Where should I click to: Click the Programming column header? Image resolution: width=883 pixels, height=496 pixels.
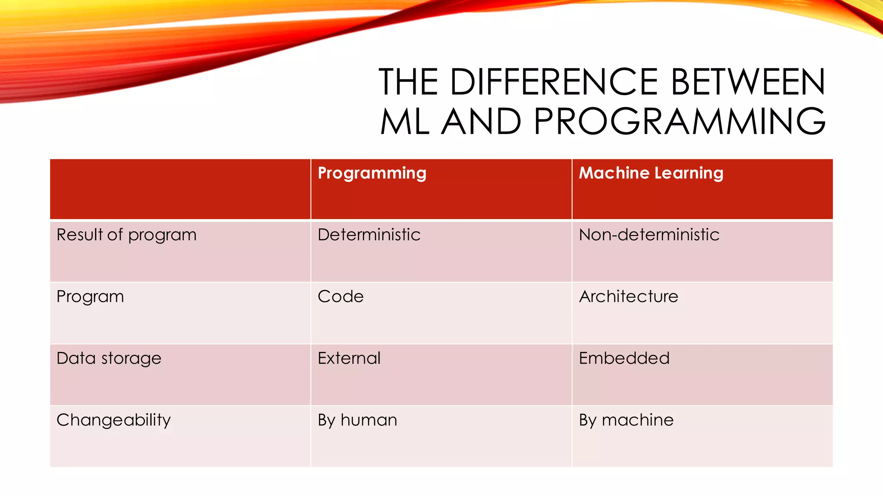372,173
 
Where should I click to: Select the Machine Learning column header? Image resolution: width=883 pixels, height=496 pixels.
651,173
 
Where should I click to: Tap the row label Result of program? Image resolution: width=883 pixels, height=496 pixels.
126,235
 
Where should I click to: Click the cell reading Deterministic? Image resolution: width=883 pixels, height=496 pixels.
369,235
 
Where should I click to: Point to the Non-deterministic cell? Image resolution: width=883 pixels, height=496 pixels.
649,235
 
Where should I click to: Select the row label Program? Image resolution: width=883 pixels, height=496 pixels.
90,297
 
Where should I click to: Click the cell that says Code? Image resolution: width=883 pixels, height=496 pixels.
341,297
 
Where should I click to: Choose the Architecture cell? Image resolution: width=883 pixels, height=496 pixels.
628,297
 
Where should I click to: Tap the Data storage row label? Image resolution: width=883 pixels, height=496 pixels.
109,358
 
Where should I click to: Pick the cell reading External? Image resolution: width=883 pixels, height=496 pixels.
349,358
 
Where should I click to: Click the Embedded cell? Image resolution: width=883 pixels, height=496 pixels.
624,358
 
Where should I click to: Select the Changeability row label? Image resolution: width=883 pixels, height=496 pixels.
113,420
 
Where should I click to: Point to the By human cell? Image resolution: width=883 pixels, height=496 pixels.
357,420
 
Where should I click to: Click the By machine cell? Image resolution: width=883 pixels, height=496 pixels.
626,420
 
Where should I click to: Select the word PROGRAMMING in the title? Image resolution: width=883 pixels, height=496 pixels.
679,121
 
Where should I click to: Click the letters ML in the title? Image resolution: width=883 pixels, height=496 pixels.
405,121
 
